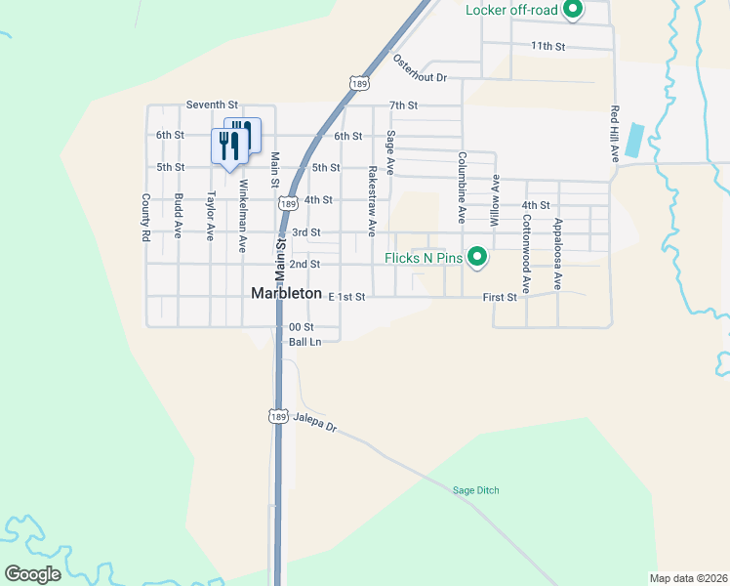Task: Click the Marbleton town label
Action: (286, 293)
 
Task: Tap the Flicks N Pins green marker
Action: (477, 257)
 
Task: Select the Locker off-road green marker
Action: (574, 11)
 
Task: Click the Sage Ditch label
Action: (476, 490)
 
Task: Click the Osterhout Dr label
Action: (420, 68)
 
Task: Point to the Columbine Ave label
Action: (462, 188)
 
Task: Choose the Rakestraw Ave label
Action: (372, 200)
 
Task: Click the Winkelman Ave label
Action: (242, 217)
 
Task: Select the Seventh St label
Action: (212, 105)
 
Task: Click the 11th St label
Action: (547, 46)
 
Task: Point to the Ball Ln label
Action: (304, 342)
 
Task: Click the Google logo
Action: (32, 574)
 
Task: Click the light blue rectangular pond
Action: (634, 140)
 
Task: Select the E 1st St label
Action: (346, 296)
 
